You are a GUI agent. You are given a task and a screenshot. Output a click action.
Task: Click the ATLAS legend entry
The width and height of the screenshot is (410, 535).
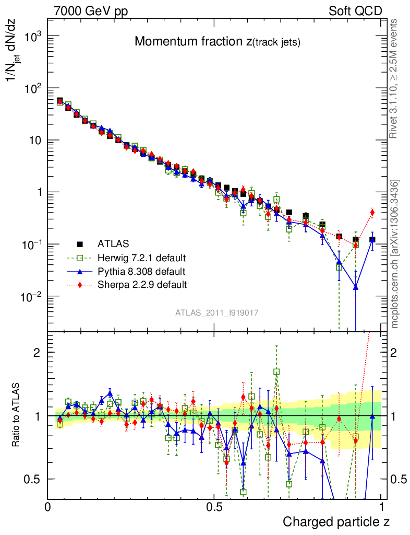(112, 243)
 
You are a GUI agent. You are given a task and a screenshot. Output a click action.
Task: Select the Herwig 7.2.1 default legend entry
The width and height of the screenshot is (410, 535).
(141, 258)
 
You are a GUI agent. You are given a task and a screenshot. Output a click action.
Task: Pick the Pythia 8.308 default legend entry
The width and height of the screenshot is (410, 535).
(141, 271)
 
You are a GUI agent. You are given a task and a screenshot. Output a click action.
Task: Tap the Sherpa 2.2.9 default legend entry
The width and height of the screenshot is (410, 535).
(141, 285)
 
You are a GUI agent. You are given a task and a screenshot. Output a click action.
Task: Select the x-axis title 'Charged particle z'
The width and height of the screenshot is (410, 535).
(336, 521)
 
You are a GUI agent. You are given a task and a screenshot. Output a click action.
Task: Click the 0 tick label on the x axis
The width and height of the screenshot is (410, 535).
(48, 506)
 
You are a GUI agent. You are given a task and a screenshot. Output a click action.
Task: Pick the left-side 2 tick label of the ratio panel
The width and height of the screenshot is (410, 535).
(37, 352)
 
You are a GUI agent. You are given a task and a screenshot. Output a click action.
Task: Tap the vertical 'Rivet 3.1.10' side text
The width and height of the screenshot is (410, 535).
(395, 78)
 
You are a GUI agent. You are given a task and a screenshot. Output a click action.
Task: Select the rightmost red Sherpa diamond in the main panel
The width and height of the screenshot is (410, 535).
(372, 212)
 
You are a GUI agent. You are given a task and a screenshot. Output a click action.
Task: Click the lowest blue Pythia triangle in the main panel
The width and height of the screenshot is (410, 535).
(356, 286)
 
